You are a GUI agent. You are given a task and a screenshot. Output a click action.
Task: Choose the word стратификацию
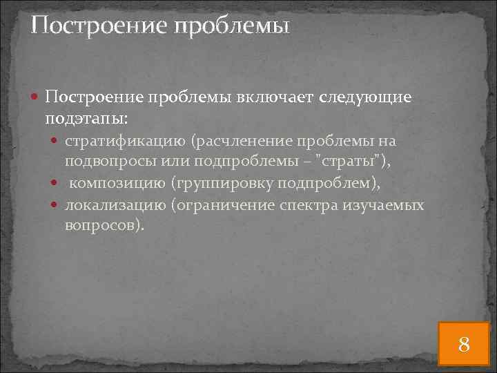(x=125, y=142)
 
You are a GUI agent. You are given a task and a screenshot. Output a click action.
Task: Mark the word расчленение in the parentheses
(x=243, y=142)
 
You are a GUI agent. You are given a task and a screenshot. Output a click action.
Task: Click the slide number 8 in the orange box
(x=465, y=343)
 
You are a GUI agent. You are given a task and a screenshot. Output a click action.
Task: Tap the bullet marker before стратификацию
(x=57, y=142)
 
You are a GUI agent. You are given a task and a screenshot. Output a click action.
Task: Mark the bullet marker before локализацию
(x=57, y=206)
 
